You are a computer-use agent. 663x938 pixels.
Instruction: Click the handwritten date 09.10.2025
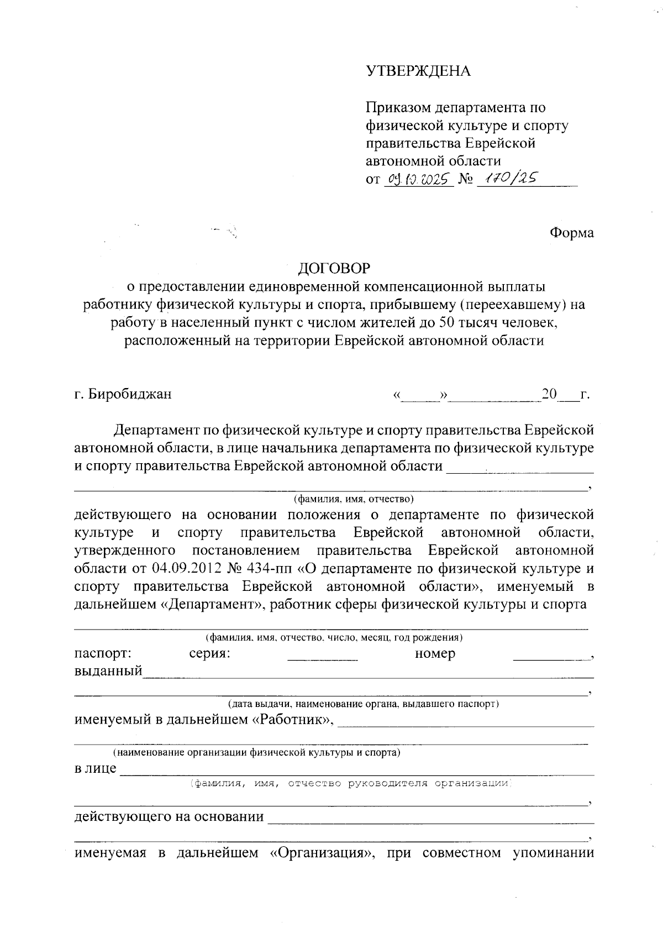coord(418,179)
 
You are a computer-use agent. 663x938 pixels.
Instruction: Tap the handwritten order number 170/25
coord(511,178)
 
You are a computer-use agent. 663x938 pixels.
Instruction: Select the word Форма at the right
coord(571,233)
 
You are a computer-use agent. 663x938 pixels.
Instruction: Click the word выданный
coord(108,672)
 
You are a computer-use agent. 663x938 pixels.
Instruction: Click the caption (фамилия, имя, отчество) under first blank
coord(354,499)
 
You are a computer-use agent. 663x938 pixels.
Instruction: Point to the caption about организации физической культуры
coord(257,752)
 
